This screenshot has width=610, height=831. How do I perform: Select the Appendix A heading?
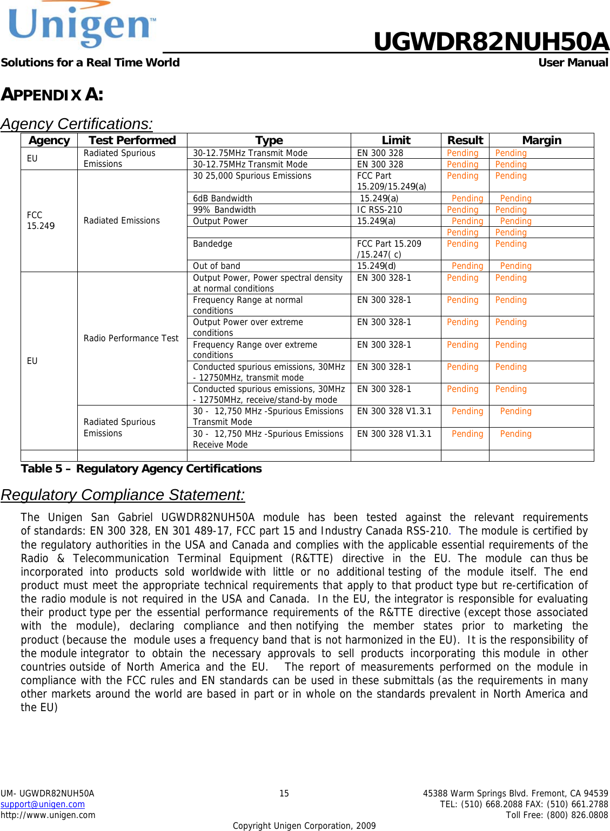click(52, 94)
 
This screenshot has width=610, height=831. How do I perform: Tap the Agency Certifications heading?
click(77, 124)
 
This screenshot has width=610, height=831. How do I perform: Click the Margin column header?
click(541, 140)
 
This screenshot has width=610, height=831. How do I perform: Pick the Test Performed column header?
click(132, 140)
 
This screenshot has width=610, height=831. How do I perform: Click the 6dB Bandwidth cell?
click(223, 198)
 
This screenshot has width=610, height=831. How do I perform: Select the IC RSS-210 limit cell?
click(379, 210)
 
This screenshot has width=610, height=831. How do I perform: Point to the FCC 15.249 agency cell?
click(41, 220)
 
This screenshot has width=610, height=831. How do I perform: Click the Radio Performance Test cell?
click(131, 338)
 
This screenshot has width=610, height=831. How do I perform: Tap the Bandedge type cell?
click(212, 244)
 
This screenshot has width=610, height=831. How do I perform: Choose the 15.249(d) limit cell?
click(376, 266)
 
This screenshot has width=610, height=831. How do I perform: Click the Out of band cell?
click(216, 266)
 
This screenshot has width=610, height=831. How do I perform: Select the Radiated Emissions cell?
click(122, 220)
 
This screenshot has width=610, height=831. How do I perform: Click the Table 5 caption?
click(141, 469)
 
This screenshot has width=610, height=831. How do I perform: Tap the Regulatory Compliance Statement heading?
click(123, 495)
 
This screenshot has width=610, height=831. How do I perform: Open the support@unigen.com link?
click(43, 804)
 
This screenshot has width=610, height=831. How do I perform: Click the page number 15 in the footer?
click(284, 793)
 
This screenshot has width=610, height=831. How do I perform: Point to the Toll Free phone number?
click(557, 815)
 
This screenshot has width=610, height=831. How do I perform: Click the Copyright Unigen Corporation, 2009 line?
click(304, 826)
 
